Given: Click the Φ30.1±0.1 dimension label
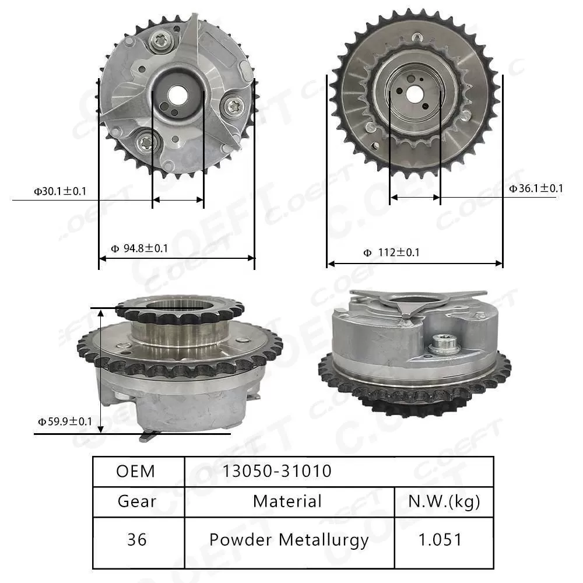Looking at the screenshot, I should pyautogui.click(x=59, y=191).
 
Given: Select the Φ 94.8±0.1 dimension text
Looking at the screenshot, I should pyautogui.click(x=139, y=248).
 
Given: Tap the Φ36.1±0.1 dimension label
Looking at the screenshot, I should pyautogui.click(x=536, y=188).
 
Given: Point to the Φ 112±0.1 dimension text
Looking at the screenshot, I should pyautogui.click(x=391, y=252).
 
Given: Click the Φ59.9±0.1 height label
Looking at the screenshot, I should pyautogui.click(x=65, y=420).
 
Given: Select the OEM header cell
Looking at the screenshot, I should pyautogui.click(x=136, y=471).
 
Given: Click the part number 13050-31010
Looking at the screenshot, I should pyautogui.click(x=276, y=471).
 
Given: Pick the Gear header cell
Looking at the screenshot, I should pyautogui.click(x=137, y=501).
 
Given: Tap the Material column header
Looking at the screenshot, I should pyautogui.click(x=287, y=501).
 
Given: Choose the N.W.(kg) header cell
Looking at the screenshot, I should pyautogui.click(x=444, y=501).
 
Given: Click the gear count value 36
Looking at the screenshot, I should pyautogui.click(x=137, y=540).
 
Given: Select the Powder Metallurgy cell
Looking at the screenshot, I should pyautogui.click(x=289, y=540).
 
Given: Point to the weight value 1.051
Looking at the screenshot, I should pyautogui.click(x=440, y=540).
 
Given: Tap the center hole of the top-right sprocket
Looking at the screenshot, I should pyautogui.click(x=415, y=94).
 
